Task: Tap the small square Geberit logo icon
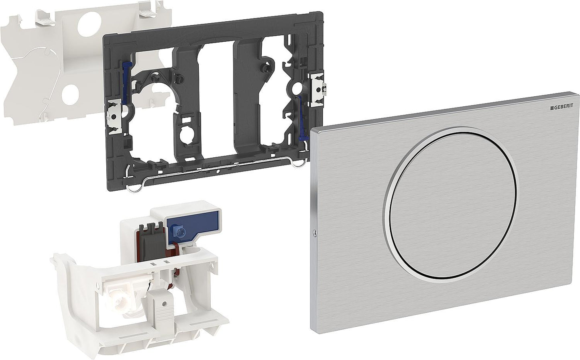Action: click(552, 108)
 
